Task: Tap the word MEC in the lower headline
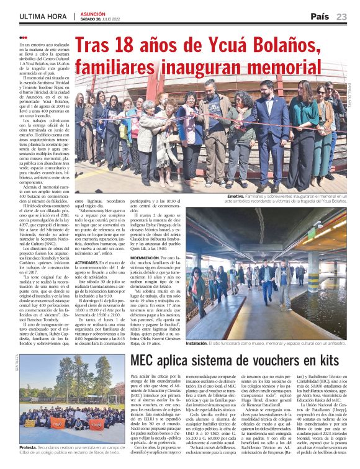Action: point(146,360)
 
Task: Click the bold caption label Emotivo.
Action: point(236,196)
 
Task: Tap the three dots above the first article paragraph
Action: point(24,38)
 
